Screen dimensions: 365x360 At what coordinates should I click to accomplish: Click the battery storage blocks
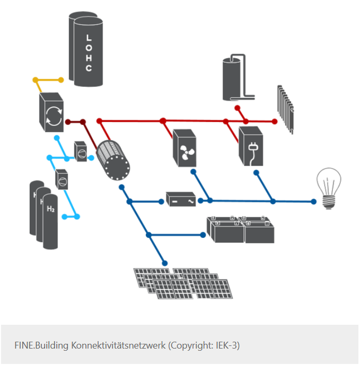point(241,229)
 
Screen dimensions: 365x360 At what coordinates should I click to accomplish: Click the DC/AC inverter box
point(181,200)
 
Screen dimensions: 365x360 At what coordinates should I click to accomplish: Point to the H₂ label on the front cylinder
point(51,210)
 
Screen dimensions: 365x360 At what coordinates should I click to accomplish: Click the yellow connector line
point(48,81)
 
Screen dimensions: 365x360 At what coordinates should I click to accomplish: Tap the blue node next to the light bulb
point(313,201)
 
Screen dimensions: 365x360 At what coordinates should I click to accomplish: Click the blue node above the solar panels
point(164,263)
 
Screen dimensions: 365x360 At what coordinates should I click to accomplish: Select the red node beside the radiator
point(274,121)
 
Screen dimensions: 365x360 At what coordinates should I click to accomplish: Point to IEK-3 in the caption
point(226,345)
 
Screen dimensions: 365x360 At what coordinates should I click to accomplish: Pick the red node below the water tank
point(238,108)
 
